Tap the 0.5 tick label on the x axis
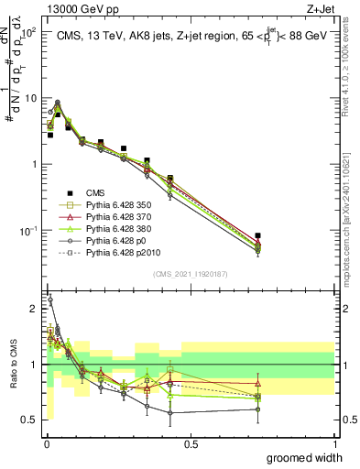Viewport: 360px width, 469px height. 191,444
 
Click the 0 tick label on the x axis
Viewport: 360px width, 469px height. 46,444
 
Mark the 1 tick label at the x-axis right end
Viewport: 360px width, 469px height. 335,444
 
